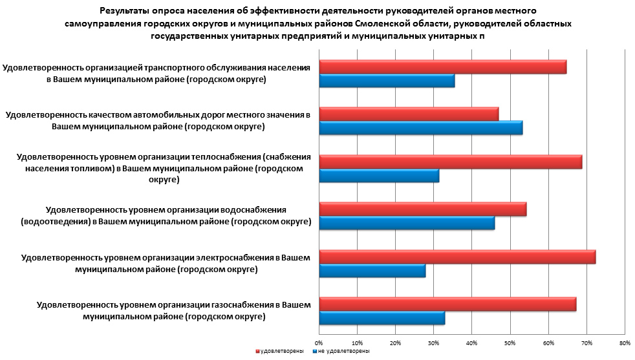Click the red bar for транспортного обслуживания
click(x=443, y=67)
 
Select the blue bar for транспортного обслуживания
click(x=387, y=81)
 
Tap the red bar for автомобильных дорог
click(x=409, y=114)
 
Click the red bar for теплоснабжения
click(x=451, y=162)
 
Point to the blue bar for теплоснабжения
click(x=379, y=176)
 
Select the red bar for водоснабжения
click(x=423, y=209)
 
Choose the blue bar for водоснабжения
click(x=407, y=224)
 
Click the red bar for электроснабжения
click(x=457, y=257)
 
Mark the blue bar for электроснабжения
click(x=372, y=271)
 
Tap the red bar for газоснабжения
click(x=447, y=304)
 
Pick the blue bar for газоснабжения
click(x=382, y=319)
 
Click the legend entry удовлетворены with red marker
click(x=280, y=351)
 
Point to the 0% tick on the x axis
click(x=319, y=342)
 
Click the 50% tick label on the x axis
click(x=510, y=342)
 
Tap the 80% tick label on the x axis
click(x=625, y=342)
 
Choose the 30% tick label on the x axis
click(x=433, y=342)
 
